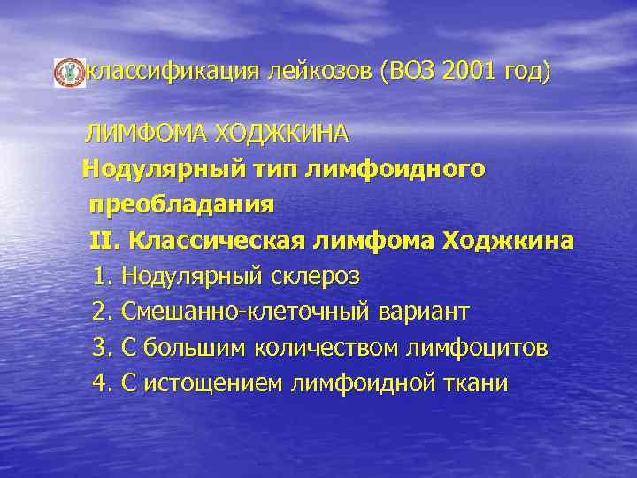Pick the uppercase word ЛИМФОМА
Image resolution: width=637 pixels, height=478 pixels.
[145, 135]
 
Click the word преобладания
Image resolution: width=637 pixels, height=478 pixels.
[181, 204]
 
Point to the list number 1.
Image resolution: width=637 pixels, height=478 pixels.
[101, 276]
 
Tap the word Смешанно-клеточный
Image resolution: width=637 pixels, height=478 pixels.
[248, 312]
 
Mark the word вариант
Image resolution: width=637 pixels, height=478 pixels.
[425, 312]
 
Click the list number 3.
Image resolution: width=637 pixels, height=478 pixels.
[101, 348]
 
